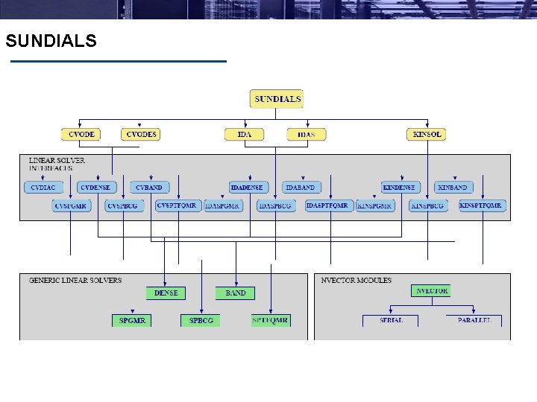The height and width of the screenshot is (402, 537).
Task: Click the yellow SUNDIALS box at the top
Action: (x=277, y=99)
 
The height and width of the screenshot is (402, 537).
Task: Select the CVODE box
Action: (x=81, y=134)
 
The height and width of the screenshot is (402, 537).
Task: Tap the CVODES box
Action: (x=141, y=134)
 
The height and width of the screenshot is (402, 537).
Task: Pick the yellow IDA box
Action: (x=245, y=135)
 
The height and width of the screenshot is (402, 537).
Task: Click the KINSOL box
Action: (x=427, y=135)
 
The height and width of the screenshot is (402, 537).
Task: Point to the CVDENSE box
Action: (x=95, y=188)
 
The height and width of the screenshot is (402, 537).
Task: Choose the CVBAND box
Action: (x=149, y=188)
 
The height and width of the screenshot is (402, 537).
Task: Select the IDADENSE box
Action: (x=247, y=188)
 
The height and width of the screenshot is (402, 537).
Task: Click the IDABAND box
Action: (x=300, y=188)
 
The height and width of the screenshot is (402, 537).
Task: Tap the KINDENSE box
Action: (x=399, y=188)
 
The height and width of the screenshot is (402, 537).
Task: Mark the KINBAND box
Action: (x=452, y=188)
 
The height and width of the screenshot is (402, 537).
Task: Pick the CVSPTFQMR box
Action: (x=177, y=205)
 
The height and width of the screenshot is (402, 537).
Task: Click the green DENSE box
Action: (x=166, y=293)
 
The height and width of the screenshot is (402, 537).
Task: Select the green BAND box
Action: (x=236, y=293)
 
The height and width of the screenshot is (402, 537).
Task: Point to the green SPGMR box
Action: (x=132, y=321)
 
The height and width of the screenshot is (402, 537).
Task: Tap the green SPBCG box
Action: (x=201, y=321)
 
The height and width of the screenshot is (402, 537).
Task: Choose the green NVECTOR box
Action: (x=432, y=291)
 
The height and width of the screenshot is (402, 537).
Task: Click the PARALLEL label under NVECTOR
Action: (x=474, y=320)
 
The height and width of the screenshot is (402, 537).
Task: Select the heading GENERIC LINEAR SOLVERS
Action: (x=75, y=281)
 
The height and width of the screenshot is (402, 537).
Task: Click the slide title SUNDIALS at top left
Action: (x=51, y=41)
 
